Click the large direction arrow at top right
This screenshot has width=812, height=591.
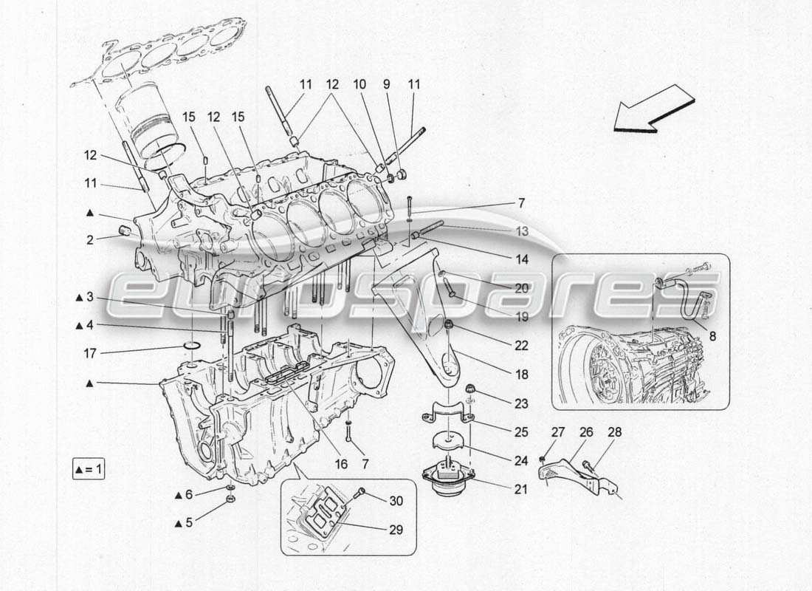click(653, 109)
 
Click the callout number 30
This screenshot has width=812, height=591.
click(397, 500)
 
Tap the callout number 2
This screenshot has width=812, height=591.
click(89, 239)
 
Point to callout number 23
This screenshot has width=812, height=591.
click(522, 403)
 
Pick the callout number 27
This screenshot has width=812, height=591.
click(557, 432)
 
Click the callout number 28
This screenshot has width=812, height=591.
click(614, 432)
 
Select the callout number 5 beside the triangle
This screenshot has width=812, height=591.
click(188, 522)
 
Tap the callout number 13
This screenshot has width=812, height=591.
click(522, 231)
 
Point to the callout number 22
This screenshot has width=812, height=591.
click(522, 346)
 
